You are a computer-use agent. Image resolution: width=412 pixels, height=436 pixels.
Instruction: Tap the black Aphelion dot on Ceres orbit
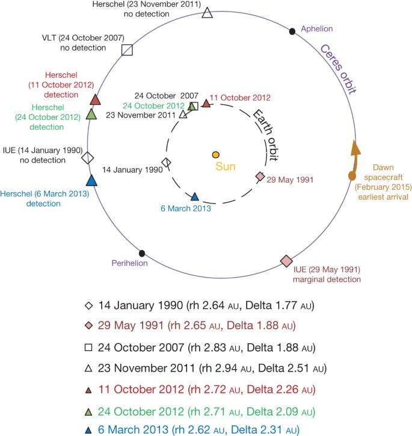tap(292, 31)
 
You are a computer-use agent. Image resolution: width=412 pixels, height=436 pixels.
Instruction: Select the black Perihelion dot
tap(142, 254)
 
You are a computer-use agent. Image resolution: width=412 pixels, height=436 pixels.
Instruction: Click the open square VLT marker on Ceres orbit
tap(127, 50)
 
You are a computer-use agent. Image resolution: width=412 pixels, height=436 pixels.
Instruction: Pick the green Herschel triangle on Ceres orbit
tap(91, 113)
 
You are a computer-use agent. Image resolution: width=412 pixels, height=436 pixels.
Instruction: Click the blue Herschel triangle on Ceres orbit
tap(91, 180)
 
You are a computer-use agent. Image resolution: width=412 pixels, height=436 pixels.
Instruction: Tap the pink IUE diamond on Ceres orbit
tap(287, 261)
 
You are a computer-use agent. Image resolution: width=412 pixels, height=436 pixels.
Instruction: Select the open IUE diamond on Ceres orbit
tap(88, 158)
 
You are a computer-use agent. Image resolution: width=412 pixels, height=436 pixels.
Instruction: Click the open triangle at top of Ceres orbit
tap(208, 13)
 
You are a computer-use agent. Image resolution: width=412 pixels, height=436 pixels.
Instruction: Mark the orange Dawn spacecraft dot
tap(352, 176)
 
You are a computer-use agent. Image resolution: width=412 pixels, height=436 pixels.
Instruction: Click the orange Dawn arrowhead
tap(355, 146)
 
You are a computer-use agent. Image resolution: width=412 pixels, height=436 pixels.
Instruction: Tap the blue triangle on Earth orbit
tap(194, 196)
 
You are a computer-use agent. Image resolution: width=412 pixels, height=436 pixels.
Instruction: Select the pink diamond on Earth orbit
tap(260, 176)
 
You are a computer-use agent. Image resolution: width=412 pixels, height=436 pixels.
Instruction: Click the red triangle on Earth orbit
tap(206, 103)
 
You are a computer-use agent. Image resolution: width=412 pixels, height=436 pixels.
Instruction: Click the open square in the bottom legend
tap(90, 347)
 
